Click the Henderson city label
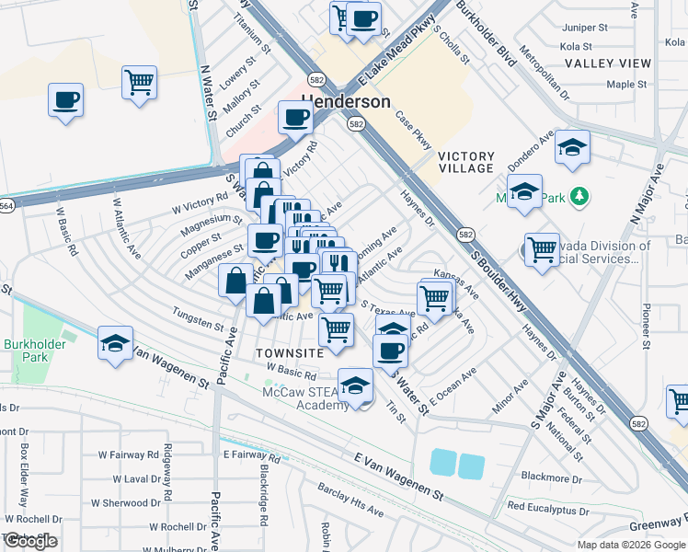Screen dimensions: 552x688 (346, 101)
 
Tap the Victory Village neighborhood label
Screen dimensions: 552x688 (466, 163)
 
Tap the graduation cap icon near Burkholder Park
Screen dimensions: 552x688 (115, 344)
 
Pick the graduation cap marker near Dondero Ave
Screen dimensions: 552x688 (573, 147)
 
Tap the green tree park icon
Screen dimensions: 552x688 (579, 195)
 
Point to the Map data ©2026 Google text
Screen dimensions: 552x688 (630, 545)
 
